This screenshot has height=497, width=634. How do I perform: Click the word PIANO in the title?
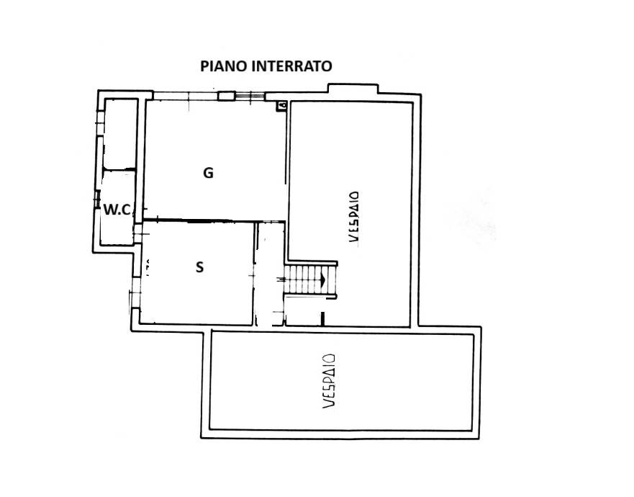coord(224,66)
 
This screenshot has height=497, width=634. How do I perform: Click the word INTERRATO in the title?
coord(291,66)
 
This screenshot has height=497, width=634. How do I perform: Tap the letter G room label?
coord(208,173)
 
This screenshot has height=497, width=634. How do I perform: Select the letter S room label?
coord(199,267)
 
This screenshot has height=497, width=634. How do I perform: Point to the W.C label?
coord(117,210)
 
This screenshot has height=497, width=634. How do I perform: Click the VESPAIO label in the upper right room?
coord(354,217)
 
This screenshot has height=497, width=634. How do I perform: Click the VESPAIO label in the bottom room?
coord(329,381)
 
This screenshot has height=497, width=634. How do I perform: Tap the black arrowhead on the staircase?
coord(323,279)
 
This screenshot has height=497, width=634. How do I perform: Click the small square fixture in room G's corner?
coord(281,106)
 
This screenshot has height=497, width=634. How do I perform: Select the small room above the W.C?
coord(120,133)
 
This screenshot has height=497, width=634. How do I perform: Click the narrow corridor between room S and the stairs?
coord(271,274)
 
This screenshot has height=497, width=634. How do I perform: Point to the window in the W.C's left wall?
coord(96,200)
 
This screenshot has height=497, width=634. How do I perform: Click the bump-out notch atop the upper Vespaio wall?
coord(353,89)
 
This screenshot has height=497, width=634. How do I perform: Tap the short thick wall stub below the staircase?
coord(322,318)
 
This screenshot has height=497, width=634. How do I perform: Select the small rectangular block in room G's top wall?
coord(227,96)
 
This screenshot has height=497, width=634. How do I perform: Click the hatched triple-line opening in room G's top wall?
coord(250,96)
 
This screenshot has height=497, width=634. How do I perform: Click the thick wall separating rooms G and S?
coord(200,220)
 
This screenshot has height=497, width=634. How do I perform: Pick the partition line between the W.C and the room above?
coord(119,169)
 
